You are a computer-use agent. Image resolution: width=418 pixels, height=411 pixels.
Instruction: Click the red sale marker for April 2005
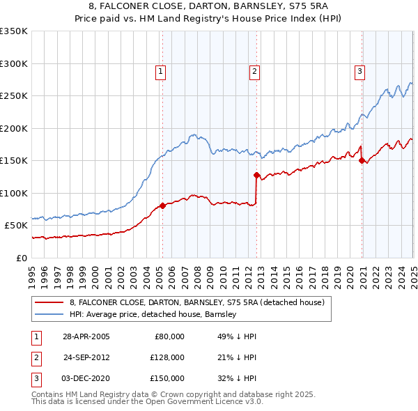pos(162,205)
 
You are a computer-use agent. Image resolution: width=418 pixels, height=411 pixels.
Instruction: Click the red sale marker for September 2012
pos(256,175)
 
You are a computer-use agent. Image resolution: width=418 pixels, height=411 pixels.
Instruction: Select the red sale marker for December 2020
pos(362,160)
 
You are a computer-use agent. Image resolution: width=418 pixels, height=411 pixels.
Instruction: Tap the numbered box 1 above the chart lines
pos(161,70)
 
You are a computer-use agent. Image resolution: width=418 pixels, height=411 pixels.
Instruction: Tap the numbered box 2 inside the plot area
pos(255,70)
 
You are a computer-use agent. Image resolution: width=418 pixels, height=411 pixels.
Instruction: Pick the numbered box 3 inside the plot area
pos(360,70)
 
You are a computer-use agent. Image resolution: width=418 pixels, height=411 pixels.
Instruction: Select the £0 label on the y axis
pos(21,258)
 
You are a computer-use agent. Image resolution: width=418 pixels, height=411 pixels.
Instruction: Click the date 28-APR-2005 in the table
pos(86,336)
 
